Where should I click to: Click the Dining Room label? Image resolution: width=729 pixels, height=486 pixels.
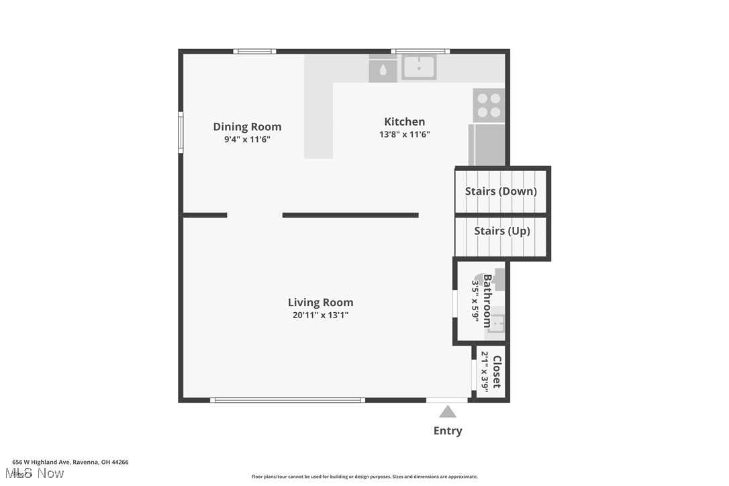tap(247, 127)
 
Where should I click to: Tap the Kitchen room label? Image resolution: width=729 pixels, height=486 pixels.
tap(404, 121)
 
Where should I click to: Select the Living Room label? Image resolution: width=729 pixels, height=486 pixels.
tap(320, 302)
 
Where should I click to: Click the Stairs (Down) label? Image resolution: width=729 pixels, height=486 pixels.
tap(501, 191)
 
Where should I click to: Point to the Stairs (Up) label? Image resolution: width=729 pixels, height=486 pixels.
tap(501, 231)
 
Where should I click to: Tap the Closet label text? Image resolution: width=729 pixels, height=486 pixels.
tap(497, 372)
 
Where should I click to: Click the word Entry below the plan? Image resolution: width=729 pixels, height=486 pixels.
tap(447, 431)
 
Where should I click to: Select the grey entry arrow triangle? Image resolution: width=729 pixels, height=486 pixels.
tap(447, 411)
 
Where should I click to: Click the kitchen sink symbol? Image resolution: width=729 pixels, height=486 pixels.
tap(419, 67)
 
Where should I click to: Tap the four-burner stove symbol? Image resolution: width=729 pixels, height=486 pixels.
tap(489, 105)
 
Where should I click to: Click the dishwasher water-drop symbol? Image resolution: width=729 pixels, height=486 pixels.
tap(383, 69)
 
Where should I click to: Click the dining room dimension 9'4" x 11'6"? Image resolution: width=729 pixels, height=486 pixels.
tap(247, 140)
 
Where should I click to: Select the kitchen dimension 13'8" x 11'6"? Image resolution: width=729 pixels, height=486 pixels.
tap(404, 134)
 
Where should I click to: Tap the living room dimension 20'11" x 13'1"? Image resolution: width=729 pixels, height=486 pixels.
tap(320, 315)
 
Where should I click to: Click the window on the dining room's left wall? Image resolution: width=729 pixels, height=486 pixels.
tap(181, 132)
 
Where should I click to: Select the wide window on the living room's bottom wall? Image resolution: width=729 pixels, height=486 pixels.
tap(287, 400)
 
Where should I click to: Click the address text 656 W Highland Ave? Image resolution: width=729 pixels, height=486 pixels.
tap(70, 462)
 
